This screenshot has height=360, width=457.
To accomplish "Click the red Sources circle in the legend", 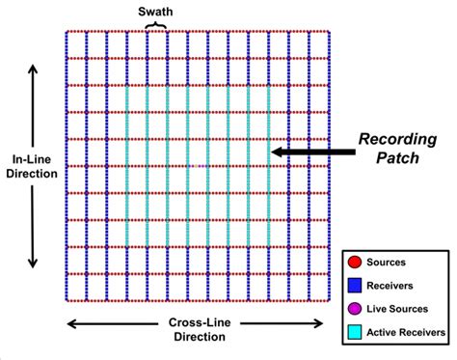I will click(354, 261).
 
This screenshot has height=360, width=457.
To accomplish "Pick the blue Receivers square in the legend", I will click(354, 284).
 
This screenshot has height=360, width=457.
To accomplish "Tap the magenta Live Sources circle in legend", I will click(354, 307).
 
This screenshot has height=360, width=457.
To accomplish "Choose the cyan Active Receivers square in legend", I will click(354, 330).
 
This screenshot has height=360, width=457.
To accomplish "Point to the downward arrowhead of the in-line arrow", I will click(34, 263).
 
